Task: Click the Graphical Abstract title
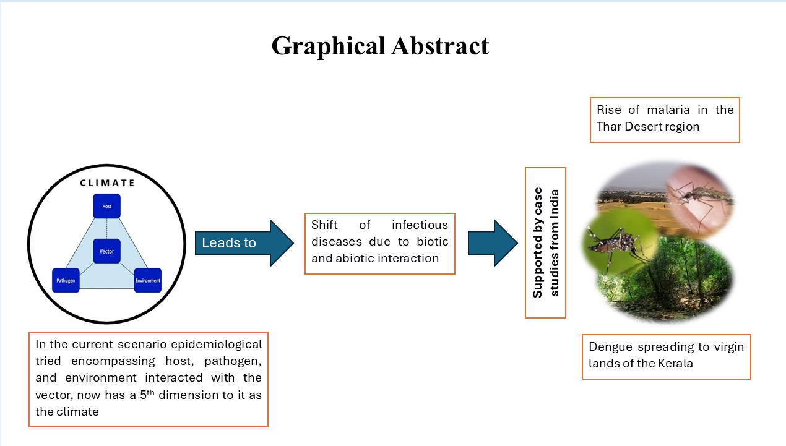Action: [x=380, y=46]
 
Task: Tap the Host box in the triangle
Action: [x=106, y=206]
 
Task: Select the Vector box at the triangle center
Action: [x=106, y=251]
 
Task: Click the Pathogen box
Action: [x=66, y=280]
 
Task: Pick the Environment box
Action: [x=148, y=280]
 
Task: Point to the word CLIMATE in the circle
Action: [x=107, y=183]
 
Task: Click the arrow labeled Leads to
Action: [x=244, y=243]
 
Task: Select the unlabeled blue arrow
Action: [x=493, y=243]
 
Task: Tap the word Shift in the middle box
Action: [x=324, y=225]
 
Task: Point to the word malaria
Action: [x=668, y=109]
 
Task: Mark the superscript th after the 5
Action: [x=150, y=392]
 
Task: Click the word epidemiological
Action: [x=216, y=345]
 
